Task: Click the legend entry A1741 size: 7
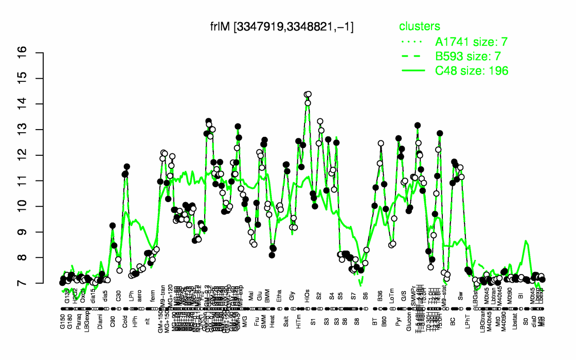[471, 42]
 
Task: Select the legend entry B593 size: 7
[471, 56]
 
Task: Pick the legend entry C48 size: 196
[471, 71]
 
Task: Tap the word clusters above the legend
[419, 26]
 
